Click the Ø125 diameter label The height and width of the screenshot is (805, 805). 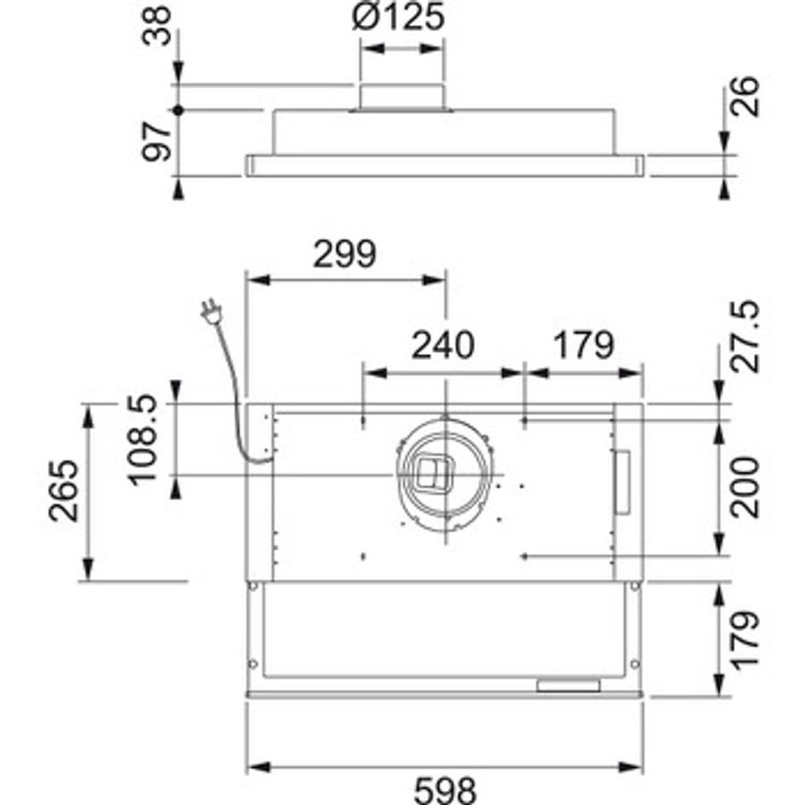[x=398, y=17]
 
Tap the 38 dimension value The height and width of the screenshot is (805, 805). [x=156, y=26]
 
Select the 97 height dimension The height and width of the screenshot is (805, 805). [x=156, y=141]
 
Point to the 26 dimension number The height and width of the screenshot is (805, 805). [x=745, y=97]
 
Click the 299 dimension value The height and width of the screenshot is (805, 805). [x=344, y=254]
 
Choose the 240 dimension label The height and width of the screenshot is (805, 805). [x=443, y=344]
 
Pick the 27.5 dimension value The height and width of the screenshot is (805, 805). [x=745, y=337]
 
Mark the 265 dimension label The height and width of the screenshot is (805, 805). [x=64, y=491]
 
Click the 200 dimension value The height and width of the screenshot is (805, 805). [x=745, y=487]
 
